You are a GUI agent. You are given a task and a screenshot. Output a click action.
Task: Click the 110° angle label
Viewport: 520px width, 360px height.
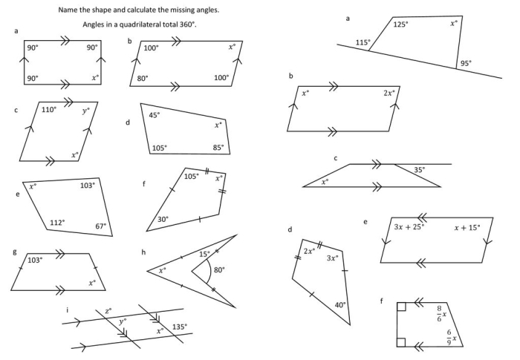(x=49, y=110)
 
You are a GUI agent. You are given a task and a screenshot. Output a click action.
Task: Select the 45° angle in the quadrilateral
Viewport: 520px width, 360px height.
(x=155, y=115)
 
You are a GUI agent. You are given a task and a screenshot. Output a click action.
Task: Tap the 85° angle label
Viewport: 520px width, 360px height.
(x=218, y=147)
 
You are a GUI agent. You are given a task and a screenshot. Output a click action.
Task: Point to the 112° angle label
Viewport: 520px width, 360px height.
(x=57, y=222)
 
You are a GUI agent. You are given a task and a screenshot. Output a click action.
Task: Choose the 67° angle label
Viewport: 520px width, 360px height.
(x=100, y=226)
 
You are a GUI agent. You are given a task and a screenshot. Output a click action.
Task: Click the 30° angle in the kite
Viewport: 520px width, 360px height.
(x=163, y=219)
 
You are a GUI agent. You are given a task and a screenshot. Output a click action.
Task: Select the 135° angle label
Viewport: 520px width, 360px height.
(x=180, y=326)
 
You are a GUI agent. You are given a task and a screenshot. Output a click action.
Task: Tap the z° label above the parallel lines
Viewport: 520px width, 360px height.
(x=108, y=310)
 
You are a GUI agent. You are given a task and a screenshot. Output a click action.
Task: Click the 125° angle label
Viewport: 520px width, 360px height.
(x=400, y=24)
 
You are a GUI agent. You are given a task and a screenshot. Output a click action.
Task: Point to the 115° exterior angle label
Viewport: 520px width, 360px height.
(x=363, y=42)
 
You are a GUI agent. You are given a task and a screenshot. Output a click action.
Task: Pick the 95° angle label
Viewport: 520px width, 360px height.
(x=465, y=63)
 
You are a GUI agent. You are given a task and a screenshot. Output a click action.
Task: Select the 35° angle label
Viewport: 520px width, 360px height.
(x=420, y=170)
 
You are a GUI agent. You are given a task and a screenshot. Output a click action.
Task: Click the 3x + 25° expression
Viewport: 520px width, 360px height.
(x=409, y=226)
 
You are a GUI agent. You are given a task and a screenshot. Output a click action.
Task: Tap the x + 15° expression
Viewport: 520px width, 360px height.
(x=467, y=226)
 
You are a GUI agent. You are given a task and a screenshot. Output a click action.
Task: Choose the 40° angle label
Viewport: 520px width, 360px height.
(x=339, y=304)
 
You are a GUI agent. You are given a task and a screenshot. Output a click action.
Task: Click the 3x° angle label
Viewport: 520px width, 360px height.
(x=334, y=258)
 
